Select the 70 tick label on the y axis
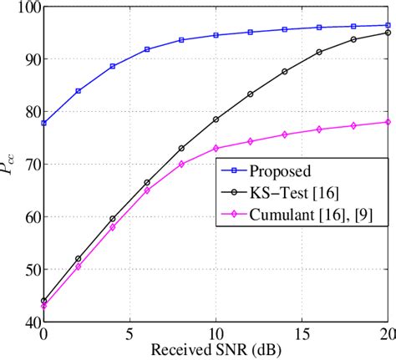coord(30,165)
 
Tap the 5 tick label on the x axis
coord(129,334)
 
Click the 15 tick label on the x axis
coord(302,334)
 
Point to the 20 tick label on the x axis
coord(386,334)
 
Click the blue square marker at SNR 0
coord(43,123)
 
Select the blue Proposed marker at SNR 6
coord(147,49)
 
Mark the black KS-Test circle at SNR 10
coord(216,119)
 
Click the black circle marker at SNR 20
coord(388,33)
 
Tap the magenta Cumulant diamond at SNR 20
coord(388,122)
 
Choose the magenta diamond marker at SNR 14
coord(285,134)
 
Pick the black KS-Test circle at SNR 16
coord(319,52)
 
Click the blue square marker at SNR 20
coord(388,25)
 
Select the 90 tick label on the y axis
coord(30,59)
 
